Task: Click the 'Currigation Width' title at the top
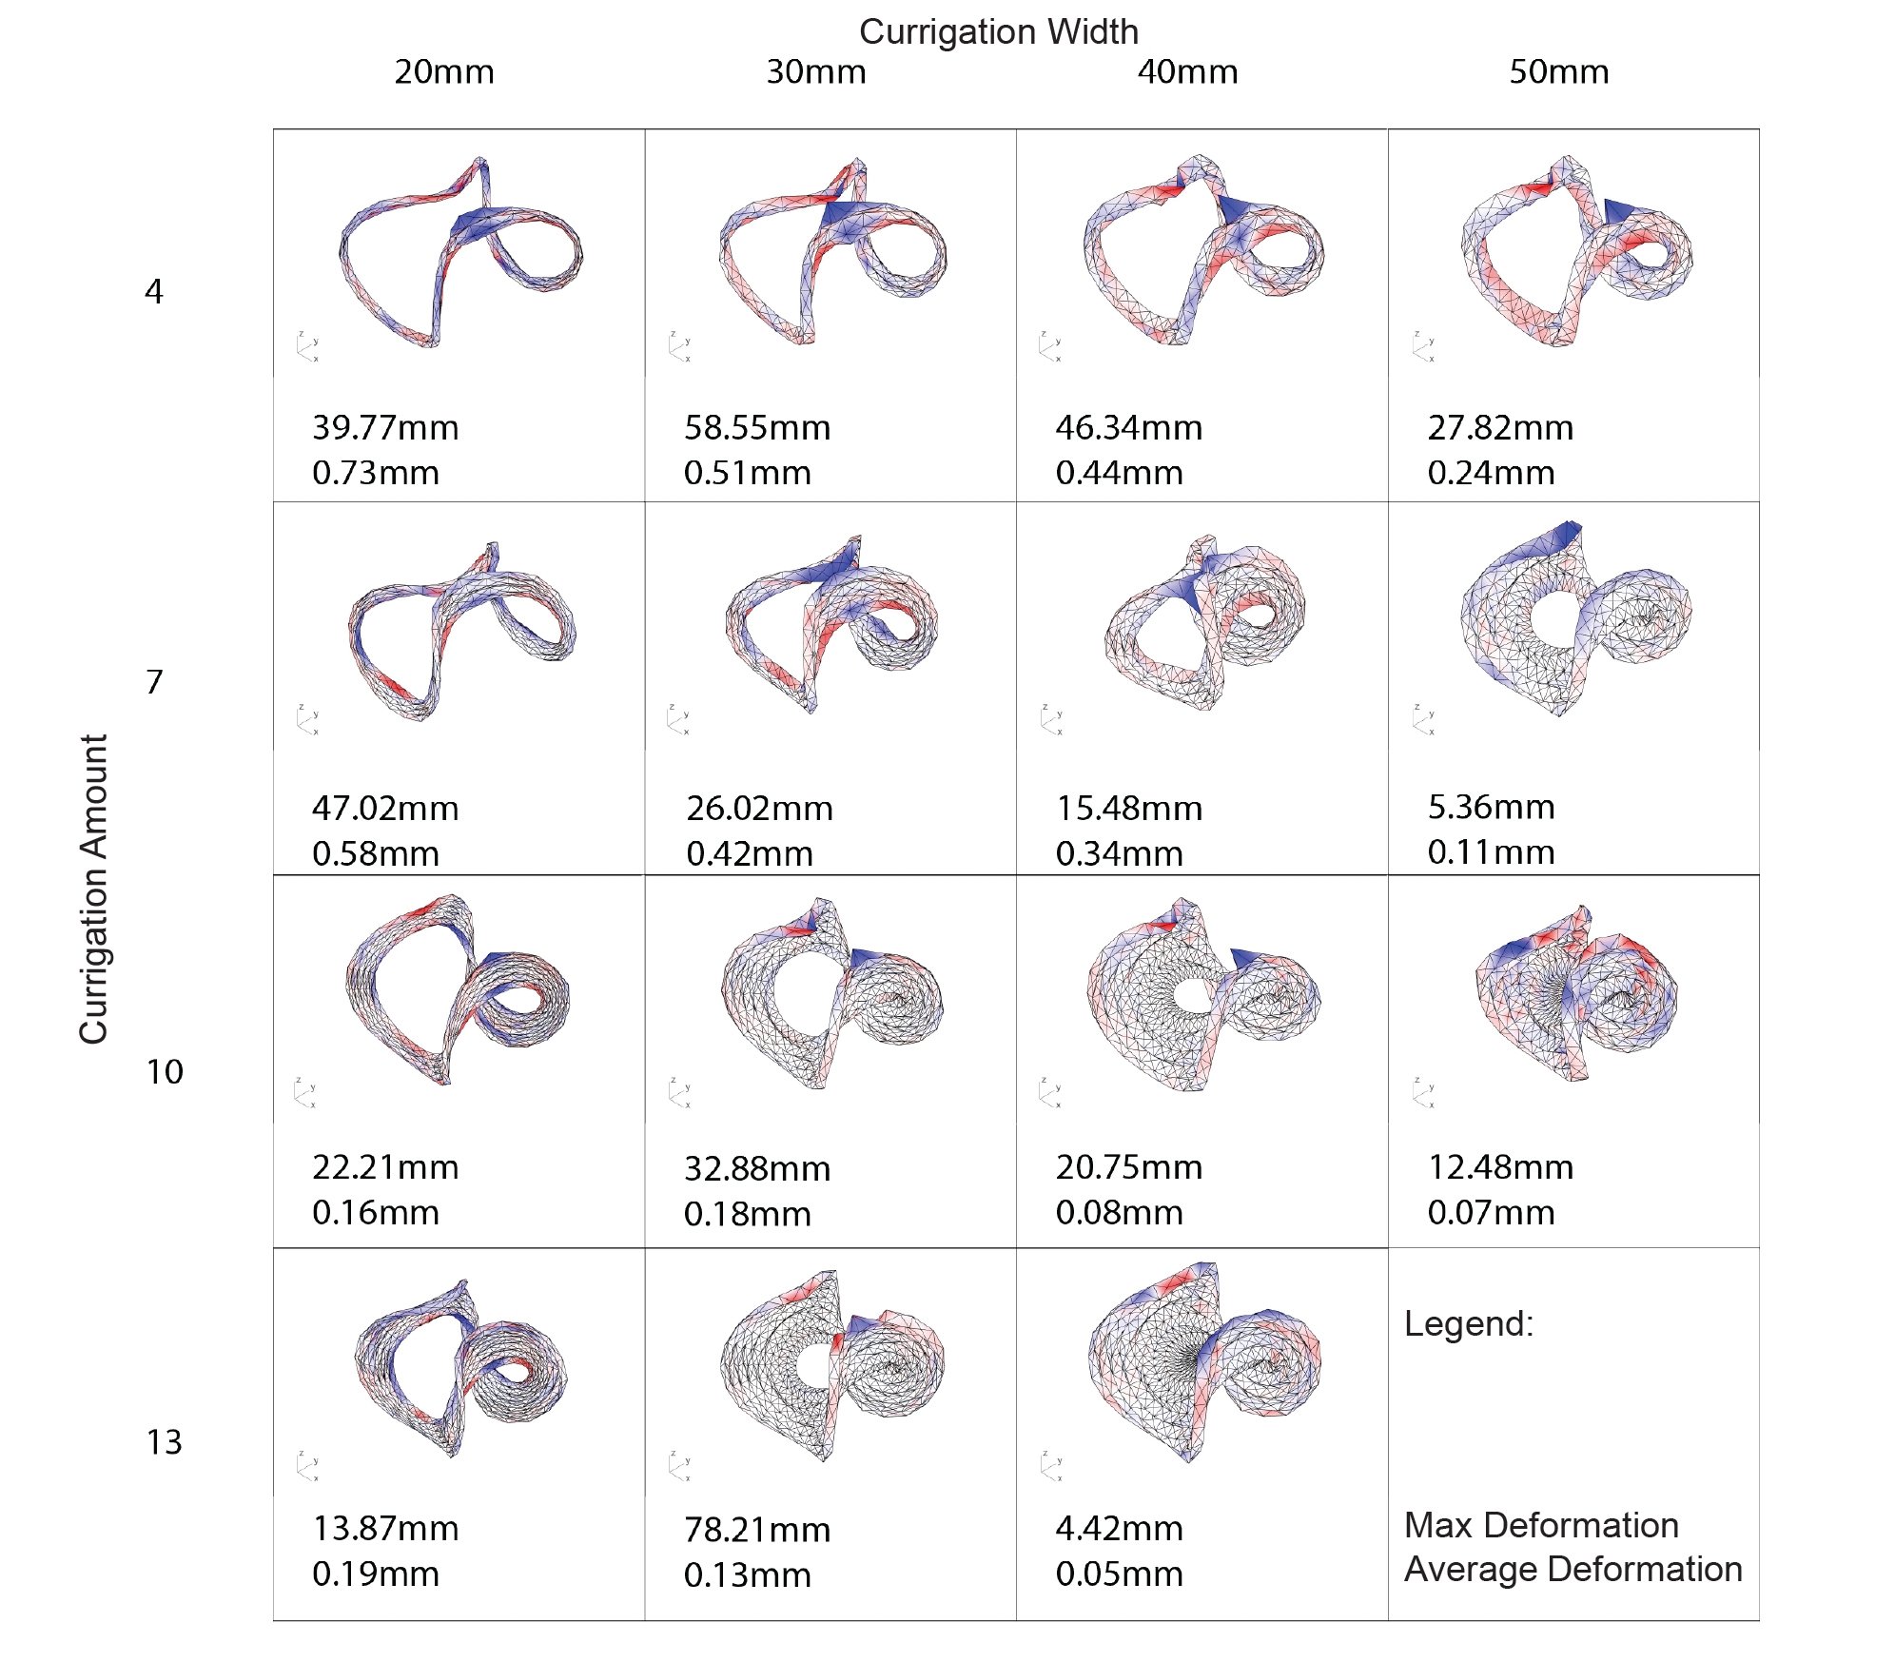[x=998, y=32]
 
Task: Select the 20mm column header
[x=444, y=72]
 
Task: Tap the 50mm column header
[x=1558, y=72]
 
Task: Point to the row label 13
[x=164, y=1441]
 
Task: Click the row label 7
[x=154, y=681]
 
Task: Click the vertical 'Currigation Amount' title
[x=94, y=889]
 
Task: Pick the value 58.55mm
[x=757, y=428]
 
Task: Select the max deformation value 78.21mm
[x=757, y=1530]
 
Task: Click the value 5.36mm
[x=1491, y=807]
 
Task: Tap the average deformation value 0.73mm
[x=376, y=473]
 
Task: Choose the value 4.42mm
[x=1119, y=1529]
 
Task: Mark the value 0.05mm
[x=1119, y=1574]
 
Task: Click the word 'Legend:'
[x=1469, y=1323]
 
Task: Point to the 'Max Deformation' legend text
[x=1541, y=1525]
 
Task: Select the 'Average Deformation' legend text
[x=1573, y=1569]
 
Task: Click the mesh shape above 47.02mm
[x=461, y=628]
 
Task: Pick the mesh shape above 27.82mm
[x=1574, y=252]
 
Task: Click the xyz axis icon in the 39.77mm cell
[x=307, y=347]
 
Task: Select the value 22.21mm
[x=385, y=1167]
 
